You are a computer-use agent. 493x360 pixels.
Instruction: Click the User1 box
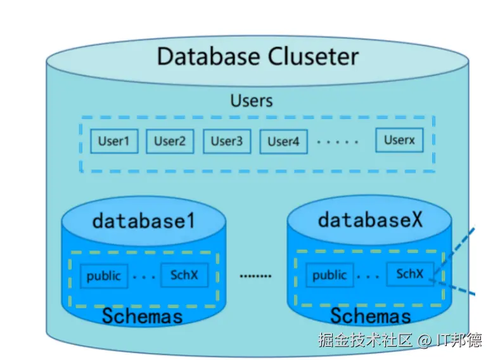(113, 141)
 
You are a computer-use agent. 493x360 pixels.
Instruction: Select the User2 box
(170, 141)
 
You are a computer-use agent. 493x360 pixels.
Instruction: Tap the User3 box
(226, 141)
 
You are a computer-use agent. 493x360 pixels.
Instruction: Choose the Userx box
(399, 140)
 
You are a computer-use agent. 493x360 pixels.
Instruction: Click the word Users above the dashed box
(252, 101)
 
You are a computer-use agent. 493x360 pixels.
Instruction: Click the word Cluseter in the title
(313, 56)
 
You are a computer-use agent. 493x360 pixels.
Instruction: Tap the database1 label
(144, 221)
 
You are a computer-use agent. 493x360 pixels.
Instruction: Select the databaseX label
(370, 220)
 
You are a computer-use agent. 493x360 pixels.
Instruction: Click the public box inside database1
(104, 276)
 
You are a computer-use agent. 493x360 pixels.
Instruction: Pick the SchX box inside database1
(184, 275)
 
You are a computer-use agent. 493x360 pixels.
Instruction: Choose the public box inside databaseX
(330, 275)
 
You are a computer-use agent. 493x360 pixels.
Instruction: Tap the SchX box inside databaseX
(410, 274)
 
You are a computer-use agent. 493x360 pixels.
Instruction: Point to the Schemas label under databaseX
(371, 315)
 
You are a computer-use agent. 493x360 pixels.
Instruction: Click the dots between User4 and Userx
(338, 142)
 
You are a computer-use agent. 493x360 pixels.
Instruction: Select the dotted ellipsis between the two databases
(255, 276)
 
